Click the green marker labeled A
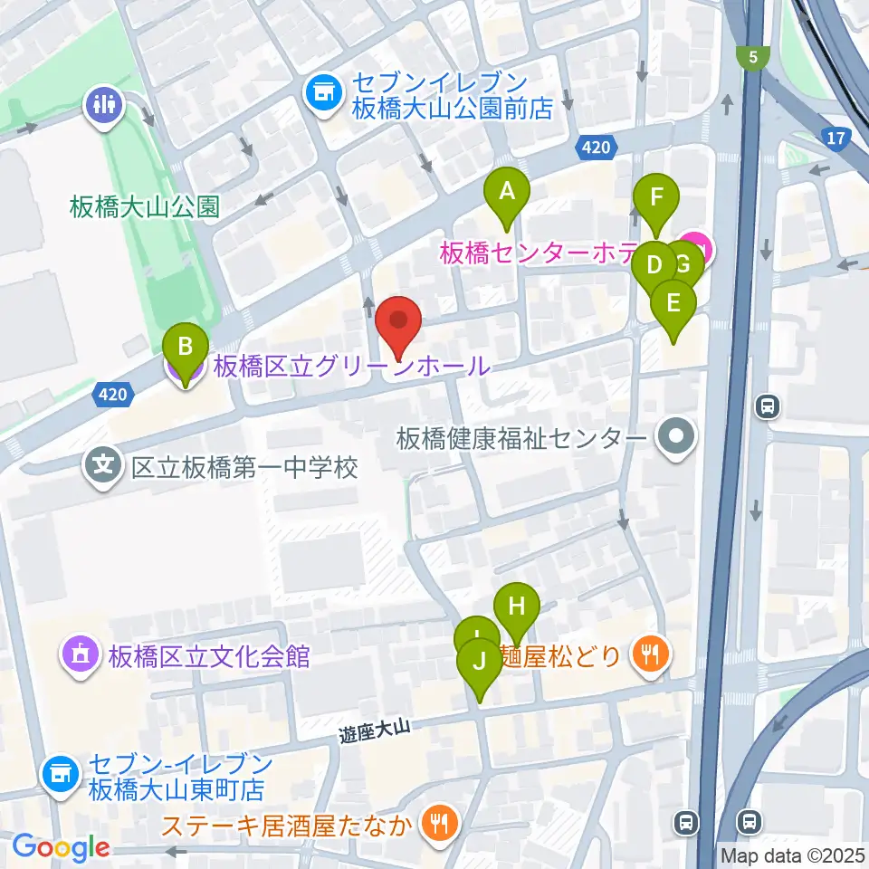pos(507,192)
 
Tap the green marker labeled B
pos(186,346)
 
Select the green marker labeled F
pos(656,196)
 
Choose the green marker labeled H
pos(517,606)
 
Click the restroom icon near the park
pos(105,102)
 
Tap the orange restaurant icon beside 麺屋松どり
pos(650,653)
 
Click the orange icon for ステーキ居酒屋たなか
pos(440,824)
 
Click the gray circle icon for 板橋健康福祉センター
pos(676,439)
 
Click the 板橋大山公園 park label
pos(145,206)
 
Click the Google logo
pos(61,848)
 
